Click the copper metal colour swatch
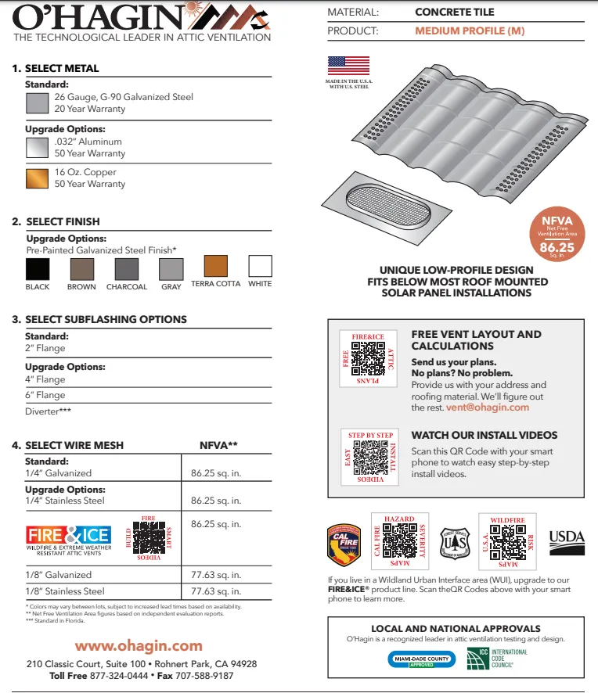(x=38, y=178)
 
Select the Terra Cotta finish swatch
(x=216, y=266)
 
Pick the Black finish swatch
(x=38, y=269)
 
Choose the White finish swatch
(x=260, y=266)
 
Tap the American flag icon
(x=348, y=65)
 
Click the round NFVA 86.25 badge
(x=557, y=233)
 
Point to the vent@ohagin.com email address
(x=488, y=408)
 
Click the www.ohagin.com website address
(x=139, y=646)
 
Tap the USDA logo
(x=567, y=538)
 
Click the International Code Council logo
(x=497, y=658)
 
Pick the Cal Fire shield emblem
(x=344, y=544)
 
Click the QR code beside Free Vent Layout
(x=369, y=357)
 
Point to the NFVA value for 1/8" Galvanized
(x=216, y=576)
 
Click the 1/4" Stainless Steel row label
(x=65, y=501)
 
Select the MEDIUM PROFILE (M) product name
(x=470, y=32)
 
